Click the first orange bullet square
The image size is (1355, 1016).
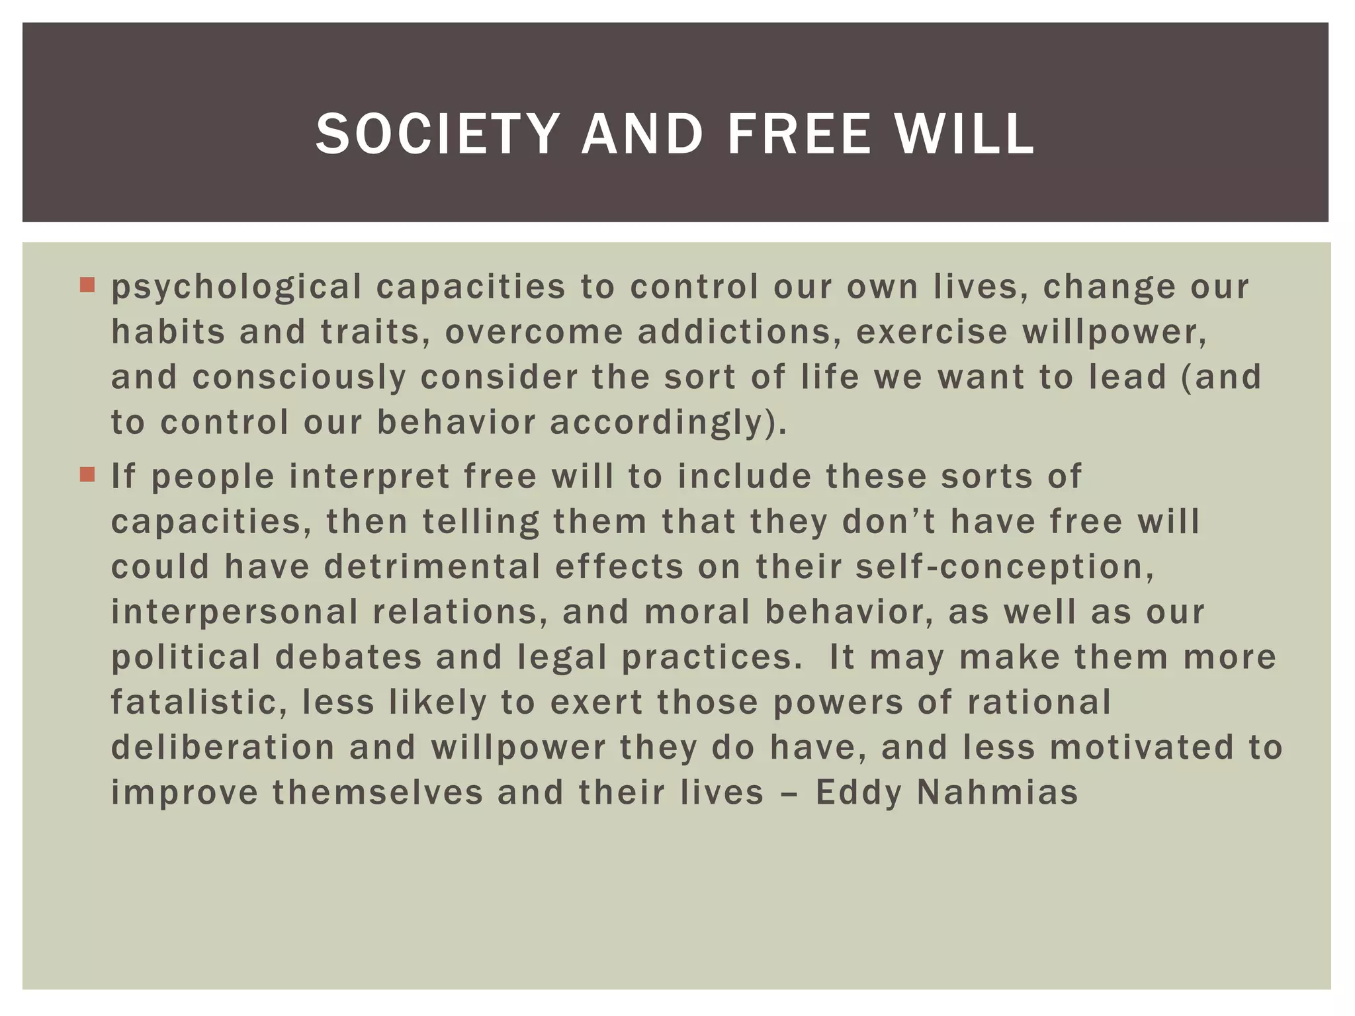(87, 285)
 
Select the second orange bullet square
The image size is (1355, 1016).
(87, 474)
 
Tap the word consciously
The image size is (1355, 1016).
(299, 378)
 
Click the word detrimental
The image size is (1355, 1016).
(431, 568)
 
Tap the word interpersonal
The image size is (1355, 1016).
(234, 613)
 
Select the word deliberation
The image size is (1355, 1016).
(223, 747)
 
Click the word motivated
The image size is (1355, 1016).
(1142, 747)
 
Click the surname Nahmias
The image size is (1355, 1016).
(997, 793)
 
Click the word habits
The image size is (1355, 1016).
(168, 332)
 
